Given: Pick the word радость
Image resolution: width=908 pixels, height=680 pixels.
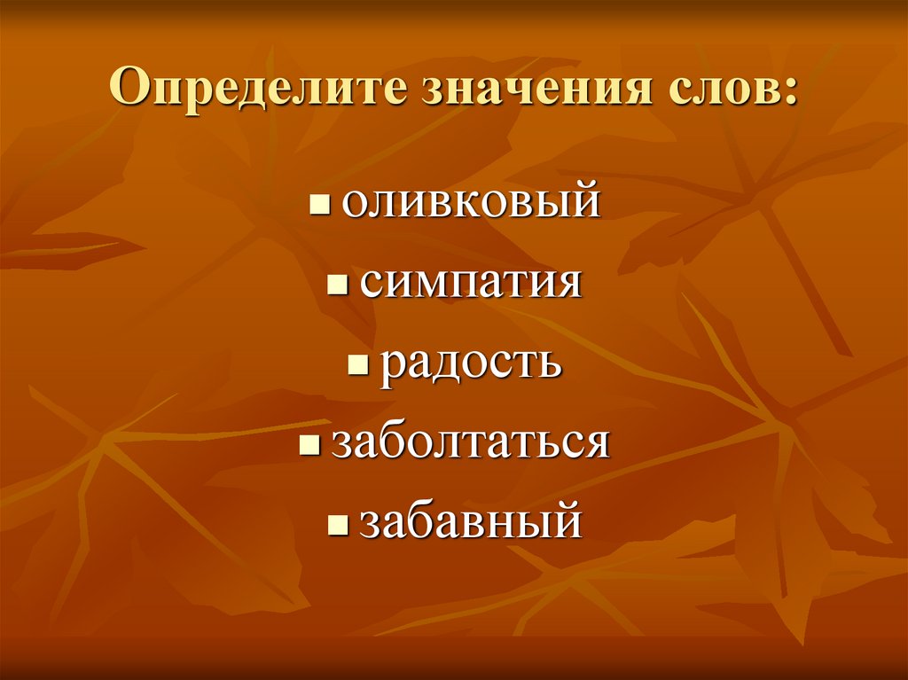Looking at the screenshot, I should pos(471,363).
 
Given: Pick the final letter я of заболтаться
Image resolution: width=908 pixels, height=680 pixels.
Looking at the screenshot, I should pos(598,444).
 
